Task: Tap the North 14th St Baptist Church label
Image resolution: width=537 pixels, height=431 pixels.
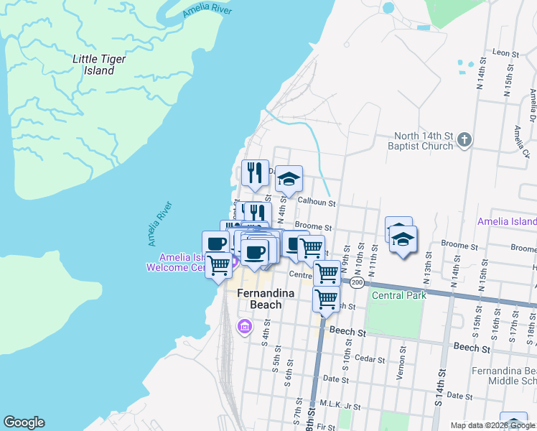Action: pyautogui.click(x=424, y=141)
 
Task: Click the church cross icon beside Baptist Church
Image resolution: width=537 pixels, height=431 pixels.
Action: pyautogui.click(x=464, y=139)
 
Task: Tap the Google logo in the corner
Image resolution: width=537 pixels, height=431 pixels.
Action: pyautogui.click(x=24, y=422)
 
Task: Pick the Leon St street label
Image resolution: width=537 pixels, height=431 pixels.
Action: pyautogui.click(x=505, y=53)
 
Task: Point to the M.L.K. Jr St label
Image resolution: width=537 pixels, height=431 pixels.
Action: pyautogui.click(x=340, y=406)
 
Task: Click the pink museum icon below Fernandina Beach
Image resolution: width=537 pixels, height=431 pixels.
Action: pyautogui.click(x=245, y=328)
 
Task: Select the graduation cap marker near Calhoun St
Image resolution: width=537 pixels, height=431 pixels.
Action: pyautogui.click(x=289, y=180)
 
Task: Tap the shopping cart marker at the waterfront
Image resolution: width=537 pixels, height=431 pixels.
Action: pyautogui.click(x=218, y=265)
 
